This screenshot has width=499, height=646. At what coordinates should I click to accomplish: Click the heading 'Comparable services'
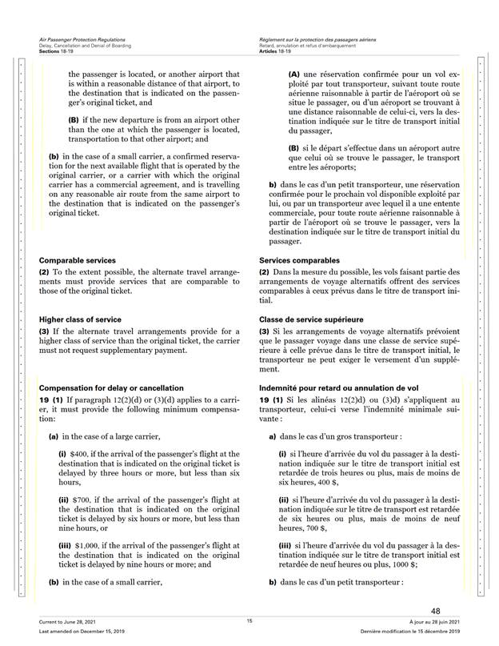[x=78, y=261]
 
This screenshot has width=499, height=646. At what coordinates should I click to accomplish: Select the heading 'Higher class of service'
[x=80, y=319]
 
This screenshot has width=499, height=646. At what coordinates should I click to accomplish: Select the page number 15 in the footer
[x=249, y=621]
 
